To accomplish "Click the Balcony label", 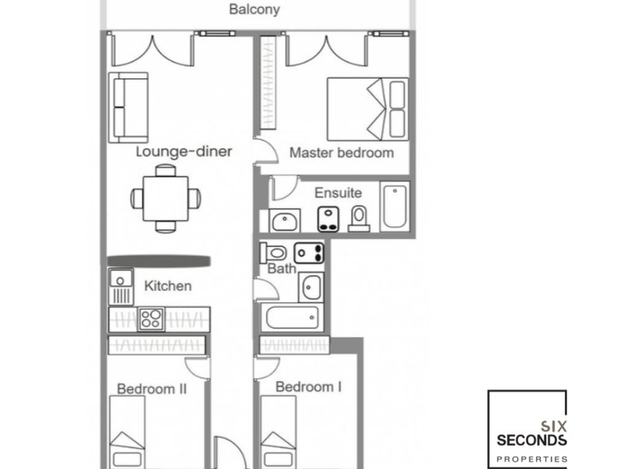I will point(254,10).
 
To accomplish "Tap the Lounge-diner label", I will point(184,151).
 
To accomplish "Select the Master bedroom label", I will point(342,152).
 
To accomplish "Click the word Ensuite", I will point(337,193).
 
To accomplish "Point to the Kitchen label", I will point(168,286).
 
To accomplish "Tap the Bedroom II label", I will point(152,388).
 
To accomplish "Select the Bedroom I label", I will point(308,387).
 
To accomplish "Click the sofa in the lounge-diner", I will point(128,107).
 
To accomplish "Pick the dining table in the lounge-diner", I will point(166,197).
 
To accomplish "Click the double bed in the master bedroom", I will point(368,107).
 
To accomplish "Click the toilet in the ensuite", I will point(359,217).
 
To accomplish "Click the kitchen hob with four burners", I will point(151,318).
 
